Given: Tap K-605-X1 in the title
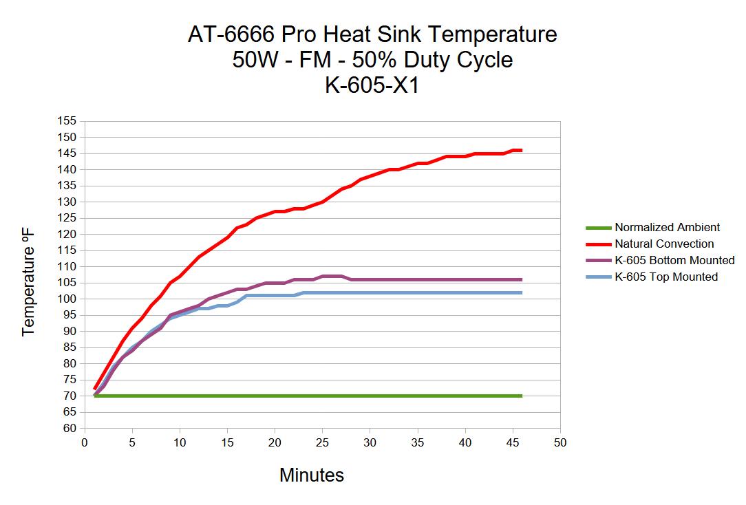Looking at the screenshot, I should tap(372, 86).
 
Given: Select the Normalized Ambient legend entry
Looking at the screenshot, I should tap(667, 227).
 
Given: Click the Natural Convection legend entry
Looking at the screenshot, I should tap(664, 244).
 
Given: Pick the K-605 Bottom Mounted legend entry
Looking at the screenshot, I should tap(674, 260).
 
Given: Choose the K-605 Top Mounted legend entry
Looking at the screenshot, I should tap(666, 277).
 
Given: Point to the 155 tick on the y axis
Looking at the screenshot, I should tap(67, 121).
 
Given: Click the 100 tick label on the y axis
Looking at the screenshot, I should tap(67, 299).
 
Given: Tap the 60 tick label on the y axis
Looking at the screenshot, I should tap(70, 428).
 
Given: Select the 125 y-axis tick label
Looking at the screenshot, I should tap(67, 218).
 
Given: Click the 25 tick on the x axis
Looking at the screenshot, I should tap(322, 442).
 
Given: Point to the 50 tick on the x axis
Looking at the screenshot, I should tap(560, 442).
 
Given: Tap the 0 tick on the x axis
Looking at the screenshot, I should tap(85, 442).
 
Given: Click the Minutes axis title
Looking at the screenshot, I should tap(311, 475).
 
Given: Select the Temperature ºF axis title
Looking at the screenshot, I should tap(28, 283).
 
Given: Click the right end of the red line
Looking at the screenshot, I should tap(522, 150).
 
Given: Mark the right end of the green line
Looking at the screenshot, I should tap(522, 396).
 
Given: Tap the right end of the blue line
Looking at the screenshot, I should tap(522, 292).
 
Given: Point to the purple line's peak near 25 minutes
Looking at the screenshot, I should tap(332, 277).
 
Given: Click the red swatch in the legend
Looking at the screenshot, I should tap(597, 244).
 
